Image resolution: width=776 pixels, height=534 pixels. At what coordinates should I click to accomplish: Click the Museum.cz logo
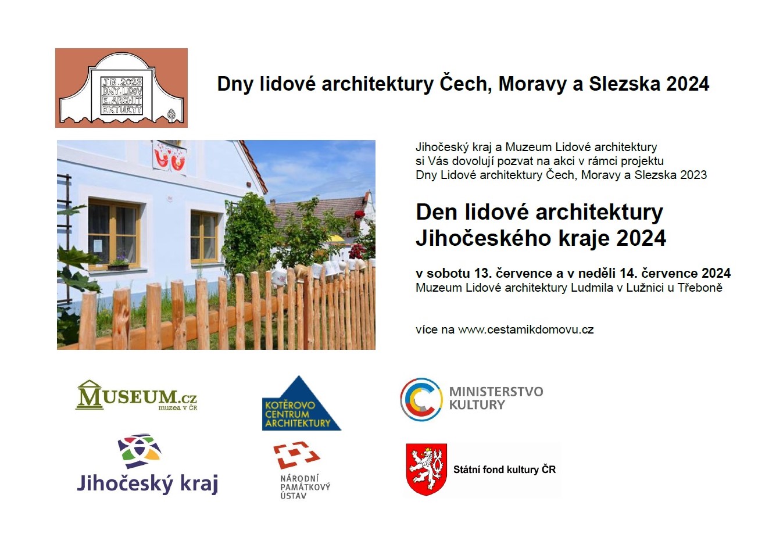[x=136, y=395]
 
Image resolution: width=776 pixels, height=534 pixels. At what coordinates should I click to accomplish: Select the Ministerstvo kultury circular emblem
[x=421, y=399]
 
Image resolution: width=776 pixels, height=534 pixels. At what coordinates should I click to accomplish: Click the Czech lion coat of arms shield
[x=427, y=470]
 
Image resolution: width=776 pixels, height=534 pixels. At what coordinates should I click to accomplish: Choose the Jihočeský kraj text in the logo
[x=148, y=483]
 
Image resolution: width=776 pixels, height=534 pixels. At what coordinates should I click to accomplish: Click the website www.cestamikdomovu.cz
[x=526, y=329]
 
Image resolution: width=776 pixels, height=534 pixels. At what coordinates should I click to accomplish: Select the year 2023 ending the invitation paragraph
[x=693, y=175]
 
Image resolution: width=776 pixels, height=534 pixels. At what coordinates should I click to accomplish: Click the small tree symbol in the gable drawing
[x=171, y=115]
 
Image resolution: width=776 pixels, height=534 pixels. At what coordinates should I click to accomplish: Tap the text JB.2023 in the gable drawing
[x=122, y=82]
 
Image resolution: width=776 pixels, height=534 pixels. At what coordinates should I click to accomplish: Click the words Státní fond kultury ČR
[x=505, y=470]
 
